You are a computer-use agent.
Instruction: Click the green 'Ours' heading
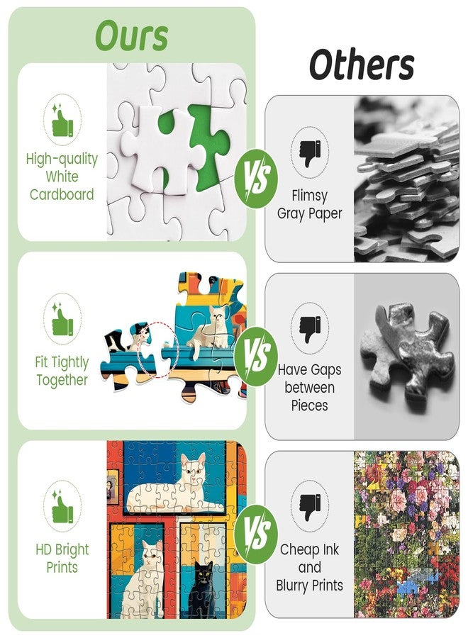(131, 36)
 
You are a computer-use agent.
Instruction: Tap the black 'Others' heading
(362, 65)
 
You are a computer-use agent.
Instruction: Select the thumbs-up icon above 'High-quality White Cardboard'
(62, 120)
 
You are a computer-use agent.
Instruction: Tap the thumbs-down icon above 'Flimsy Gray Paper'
(310, 152)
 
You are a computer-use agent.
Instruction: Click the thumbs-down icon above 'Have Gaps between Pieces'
(310, 328)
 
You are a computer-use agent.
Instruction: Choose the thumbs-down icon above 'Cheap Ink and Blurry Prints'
(310, 507)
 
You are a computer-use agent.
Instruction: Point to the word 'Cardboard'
(62, 194)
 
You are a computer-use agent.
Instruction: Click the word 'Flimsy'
(309, 196)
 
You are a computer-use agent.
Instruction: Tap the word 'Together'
(62, 380)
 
